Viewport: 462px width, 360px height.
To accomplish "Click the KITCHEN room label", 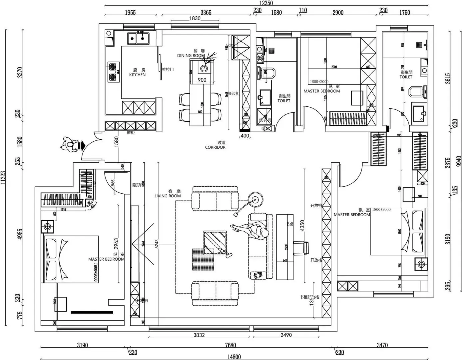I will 137,75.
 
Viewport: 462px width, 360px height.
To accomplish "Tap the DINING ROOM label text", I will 191,56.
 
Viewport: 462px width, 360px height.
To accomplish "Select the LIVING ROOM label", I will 168,196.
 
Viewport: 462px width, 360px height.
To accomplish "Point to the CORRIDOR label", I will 215,147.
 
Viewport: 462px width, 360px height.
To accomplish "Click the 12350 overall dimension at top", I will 266,3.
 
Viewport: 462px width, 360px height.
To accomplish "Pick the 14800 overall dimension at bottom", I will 234,357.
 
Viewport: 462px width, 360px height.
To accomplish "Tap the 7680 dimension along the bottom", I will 230,345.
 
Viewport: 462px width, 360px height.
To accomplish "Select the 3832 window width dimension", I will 199,335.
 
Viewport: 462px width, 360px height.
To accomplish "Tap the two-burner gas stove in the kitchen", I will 113,72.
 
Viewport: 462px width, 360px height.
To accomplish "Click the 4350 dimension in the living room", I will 302,226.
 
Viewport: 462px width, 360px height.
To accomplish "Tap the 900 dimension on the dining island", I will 202,80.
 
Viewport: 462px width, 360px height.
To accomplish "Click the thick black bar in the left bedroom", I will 92,312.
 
